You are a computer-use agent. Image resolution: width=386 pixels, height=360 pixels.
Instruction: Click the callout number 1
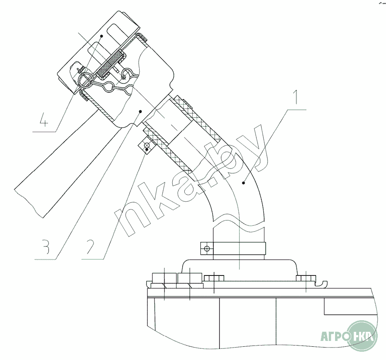click(x=296, y=97)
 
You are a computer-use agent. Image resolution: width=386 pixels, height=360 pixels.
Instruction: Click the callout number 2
click(x=90, y=247)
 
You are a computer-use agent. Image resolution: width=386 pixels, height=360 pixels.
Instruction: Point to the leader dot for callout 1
click(x=244, y=182)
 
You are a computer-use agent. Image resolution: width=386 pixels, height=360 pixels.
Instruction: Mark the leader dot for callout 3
click(x=140, y=111)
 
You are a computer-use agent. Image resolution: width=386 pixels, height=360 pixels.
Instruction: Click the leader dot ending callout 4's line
click(x=101, y=36)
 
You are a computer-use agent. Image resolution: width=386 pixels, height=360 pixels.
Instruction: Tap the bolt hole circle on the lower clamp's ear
click(x=207, y=249)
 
